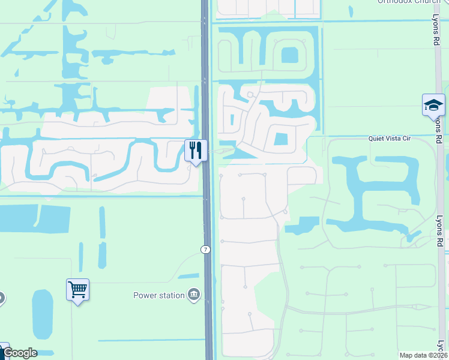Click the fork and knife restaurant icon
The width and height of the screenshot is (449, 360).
195,150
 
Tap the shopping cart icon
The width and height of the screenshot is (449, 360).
78,289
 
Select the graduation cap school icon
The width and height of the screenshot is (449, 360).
433,105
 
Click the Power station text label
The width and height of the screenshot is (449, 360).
160,295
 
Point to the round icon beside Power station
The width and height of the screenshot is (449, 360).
194,295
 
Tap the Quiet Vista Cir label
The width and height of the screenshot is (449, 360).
389,139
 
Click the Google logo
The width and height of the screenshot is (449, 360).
20,353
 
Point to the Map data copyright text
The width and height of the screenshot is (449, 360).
423,355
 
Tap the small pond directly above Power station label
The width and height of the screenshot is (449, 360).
188,276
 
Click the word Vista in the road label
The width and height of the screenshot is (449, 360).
391,139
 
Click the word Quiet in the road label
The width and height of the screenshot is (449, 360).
376,139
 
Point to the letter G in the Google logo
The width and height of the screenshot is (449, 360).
8,353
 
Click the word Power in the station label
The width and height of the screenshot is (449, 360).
145,295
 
